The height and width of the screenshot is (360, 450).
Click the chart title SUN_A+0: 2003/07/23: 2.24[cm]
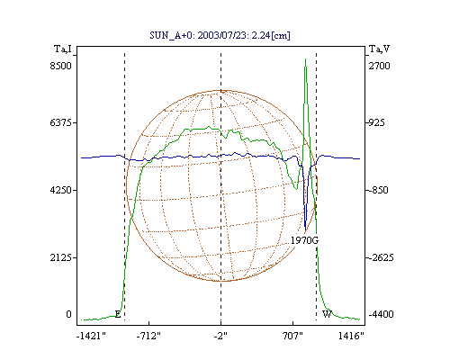pos(220,35)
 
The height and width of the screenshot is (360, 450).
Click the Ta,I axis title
pos(63,49)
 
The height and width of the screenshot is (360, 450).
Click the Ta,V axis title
pos(379,49)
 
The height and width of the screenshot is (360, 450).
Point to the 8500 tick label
pos(61,66)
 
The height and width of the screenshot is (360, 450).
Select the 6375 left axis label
pos(61,122)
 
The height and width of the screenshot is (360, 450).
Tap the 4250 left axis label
pos(61,190)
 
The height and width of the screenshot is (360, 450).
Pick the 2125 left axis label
pos(61,257)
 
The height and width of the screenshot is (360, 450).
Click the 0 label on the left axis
pos(68,314)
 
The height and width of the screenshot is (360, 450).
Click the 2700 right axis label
pos(379,66)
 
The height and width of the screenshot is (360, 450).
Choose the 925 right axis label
pos(376,122)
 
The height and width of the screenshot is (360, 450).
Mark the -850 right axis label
pos(378,190)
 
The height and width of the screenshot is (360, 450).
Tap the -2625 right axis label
pos(381,257)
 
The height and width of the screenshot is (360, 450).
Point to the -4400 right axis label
pos(381,314)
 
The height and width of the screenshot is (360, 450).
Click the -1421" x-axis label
pos(91,336)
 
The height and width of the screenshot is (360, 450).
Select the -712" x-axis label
pos(148,336)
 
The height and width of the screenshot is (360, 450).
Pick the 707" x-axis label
pos(292,336)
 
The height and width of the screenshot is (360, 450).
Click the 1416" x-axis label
pos(351,336)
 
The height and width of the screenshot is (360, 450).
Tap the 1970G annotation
pos(304,240)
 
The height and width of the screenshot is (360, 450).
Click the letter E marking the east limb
pos(118,314)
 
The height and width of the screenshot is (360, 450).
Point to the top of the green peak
pos(305,58)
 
